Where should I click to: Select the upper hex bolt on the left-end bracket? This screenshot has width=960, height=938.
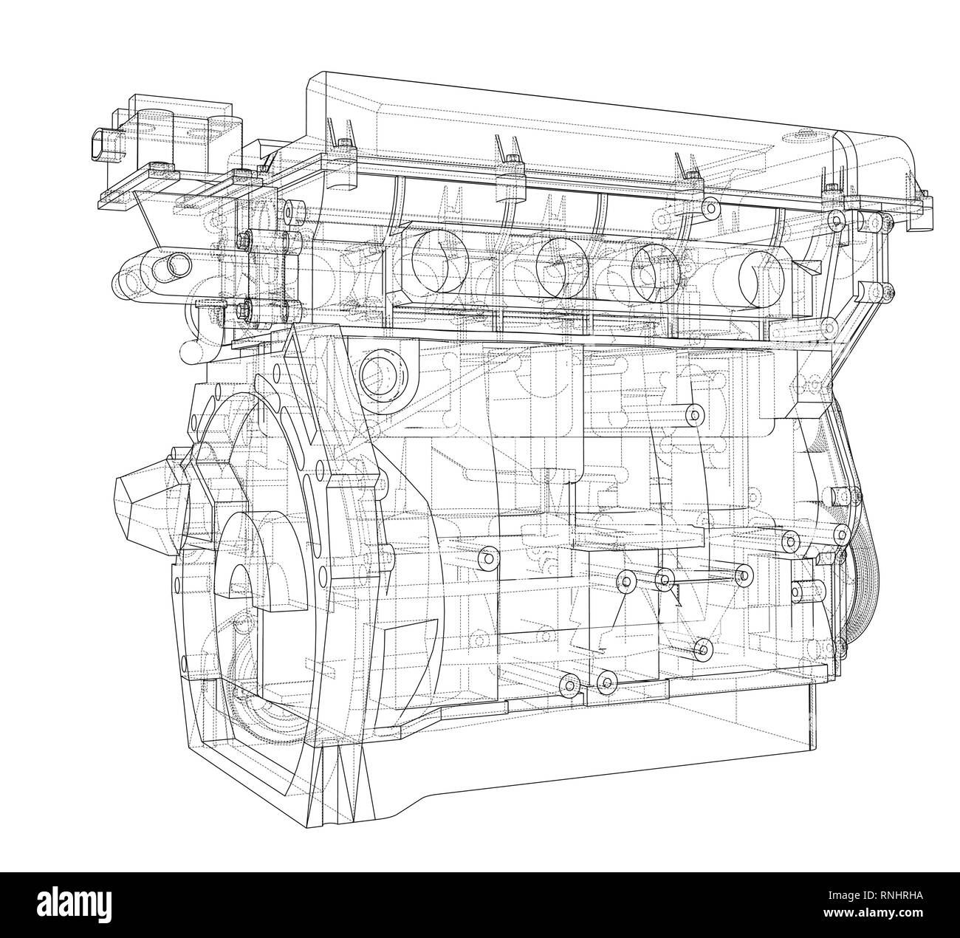tap(244, 240)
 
